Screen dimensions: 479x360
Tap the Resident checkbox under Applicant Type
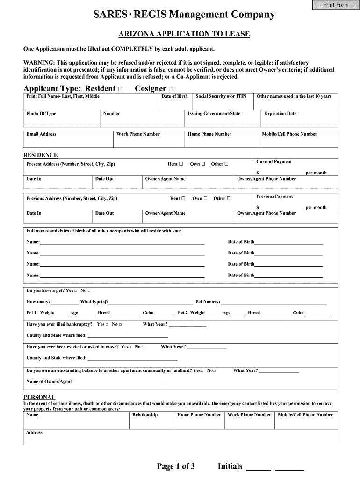(x=121, y=89)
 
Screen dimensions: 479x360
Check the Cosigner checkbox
(x=171, y=89)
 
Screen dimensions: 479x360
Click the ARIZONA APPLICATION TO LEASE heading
(x=183, y=34)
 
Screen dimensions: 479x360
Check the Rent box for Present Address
(x=181, y=164)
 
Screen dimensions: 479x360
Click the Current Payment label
(x=274, y=162)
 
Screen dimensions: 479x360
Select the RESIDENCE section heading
(x=41, y=155)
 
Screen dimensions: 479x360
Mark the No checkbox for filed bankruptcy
(x=120, y=324)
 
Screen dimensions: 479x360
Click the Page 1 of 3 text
(x=176, y=466)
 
